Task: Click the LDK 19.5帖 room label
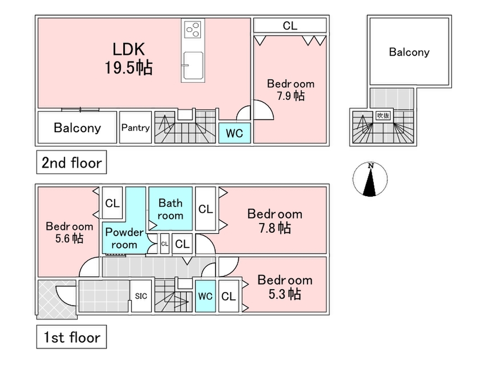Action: point(129,58)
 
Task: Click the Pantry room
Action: point(136,128)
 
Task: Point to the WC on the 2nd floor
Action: point(235,134)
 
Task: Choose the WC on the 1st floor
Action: point(205,296)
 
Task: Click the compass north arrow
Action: point(370,179)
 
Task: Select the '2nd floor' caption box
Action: point(72,162)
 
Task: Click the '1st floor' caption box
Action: point(71,338)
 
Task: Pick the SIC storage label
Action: point(141,296)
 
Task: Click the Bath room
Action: point(170,209)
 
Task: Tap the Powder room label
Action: point(124,238)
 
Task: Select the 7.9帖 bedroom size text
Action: point(291,96)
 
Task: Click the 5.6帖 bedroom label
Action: point(70,232)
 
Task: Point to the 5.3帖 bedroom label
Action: point(285,287)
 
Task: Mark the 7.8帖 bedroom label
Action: point(275,221)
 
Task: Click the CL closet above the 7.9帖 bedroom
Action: point(290,26)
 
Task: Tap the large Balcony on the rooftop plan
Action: point(409,52)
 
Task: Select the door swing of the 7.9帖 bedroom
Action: point(263,110)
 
